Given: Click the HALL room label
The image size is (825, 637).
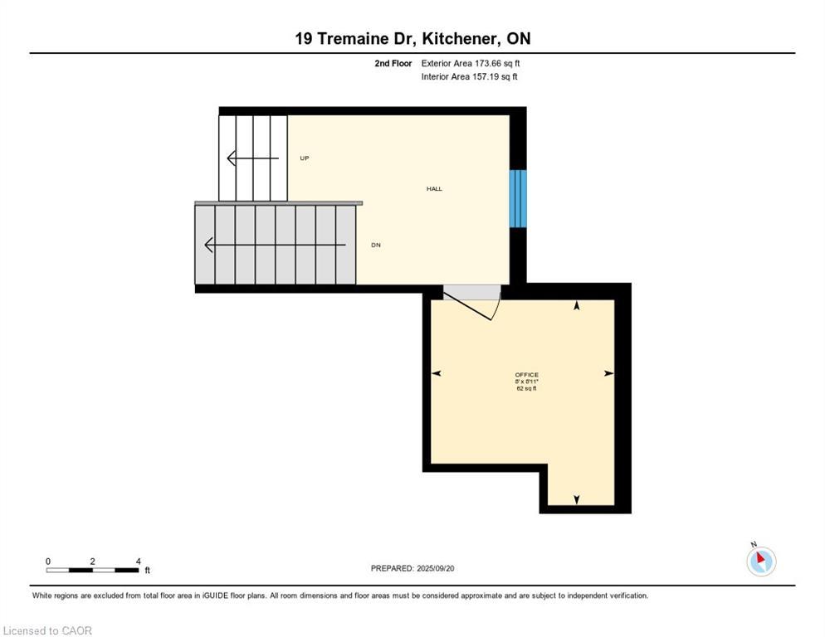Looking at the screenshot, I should point(434,189).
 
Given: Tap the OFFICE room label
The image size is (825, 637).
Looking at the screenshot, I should point(526,375).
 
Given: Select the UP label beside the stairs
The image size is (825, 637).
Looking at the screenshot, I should point(305,158).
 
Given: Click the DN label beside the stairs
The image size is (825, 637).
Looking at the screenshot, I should point(376,246).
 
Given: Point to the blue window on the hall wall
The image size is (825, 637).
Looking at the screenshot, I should point(518,198).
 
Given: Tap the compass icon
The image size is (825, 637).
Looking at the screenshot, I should point(760,561).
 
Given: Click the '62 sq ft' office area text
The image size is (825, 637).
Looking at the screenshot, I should point(526,388).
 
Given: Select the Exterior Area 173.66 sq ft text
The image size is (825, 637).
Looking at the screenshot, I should point(471,63).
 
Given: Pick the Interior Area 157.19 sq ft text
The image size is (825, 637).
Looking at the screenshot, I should point(470,77).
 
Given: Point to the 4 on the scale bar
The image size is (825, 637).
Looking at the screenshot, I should point(138,561).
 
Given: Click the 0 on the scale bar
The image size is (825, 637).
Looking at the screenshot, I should point(48,561).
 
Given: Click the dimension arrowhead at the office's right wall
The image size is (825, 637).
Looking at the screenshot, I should point(609,374).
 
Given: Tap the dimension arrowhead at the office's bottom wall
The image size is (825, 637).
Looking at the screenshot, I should point(577,499).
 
